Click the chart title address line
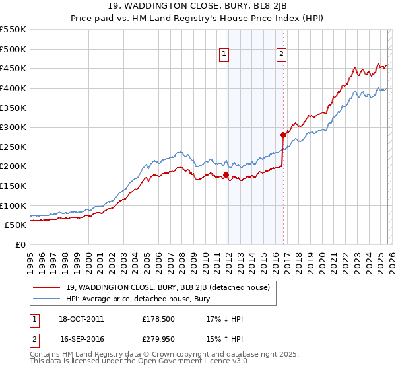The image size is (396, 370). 198,7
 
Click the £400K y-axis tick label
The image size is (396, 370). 13,88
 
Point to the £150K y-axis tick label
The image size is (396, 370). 13,186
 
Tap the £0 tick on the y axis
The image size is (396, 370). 21,244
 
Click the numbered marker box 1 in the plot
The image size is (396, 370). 225,55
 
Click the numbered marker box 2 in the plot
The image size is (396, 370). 282,55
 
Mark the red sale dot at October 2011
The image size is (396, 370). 226,175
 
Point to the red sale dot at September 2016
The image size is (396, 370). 283,135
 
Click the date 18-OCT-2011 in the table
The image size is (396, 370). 81,319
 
